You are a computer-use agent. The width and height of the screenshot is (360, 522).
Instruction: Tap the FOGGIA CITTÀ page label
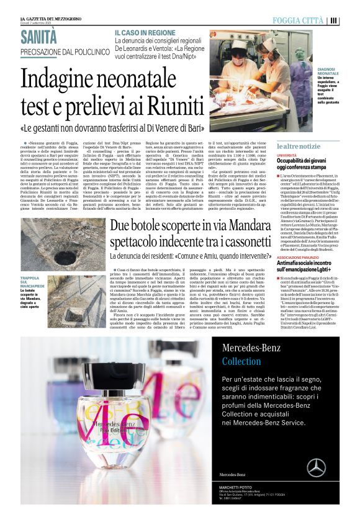coord(299,20)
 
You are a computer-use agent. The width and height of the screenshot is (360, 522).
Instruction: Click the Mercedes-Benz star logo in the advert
coord(316,467)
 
